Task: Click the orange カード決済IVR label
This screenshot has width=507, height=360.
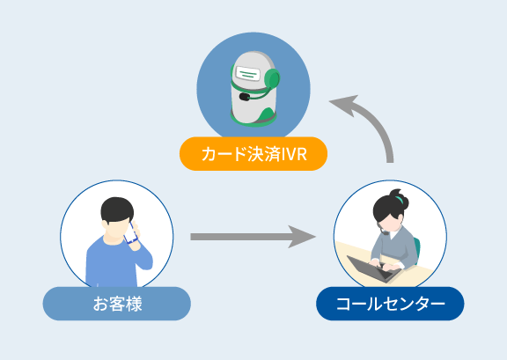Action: (x=253, y=154)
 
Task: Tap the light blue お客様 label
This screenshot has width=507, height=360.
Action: (x=117, y=304)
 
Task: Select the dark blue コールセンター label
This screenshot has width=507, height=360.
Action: (x=390, y=304)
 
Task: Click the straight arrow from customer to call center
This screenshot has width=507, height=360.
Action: (x=253, y=237)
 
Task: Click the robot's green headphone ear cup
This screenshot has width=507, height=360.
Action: (x=272, y=78)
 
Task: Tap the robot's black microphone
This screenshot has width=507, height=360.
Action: (x=245, y=97)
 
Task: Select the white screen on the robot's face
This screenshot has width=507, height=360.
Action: (x=248, y=74)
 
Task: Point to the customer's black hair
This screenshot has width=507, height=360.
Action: (x=117, y=209)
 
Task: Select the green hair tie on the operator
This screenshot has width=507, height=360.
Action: (x=399, y=199)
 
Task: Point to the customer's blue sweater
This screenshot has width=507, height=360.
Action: (x=116, y=262)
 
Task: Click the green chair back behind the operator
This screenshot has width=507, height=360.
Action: (x=417, y=250)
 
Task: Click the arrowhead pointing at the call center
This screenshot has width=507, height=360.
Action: (x=302, y=237)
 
